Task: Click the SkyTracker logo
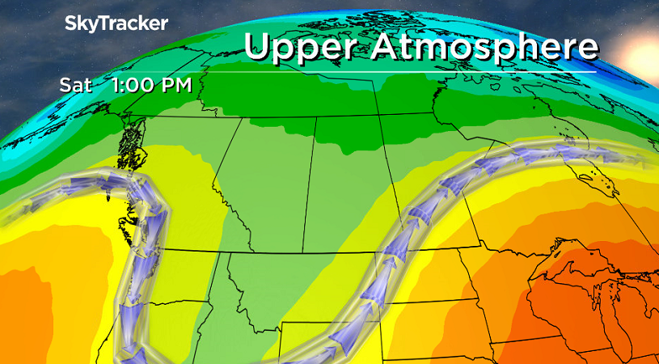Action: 116,24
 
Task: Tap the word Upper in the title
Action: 302,46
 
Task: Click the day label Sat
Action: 71,85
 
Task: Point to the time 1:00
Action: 121,85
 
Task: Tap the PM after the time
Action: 172,85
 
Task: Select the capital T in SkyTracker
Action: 103,24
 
